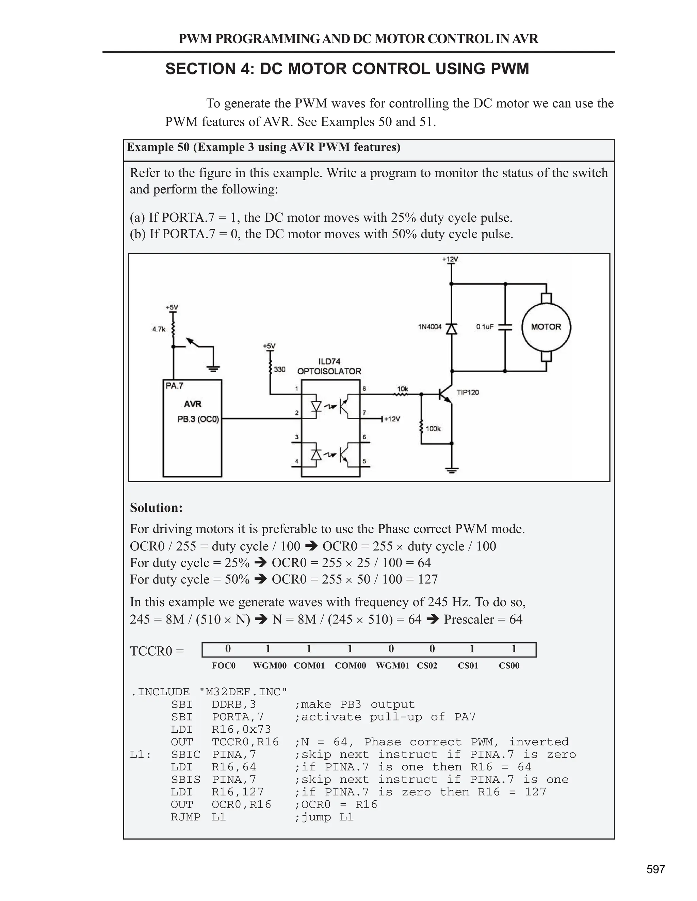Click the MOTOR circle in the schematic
546,327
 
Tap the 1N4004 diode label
430,327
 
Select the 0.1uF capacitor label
485,327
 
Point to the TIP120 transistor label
468,392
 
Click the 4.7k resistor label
159,329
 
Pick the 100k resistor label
433,429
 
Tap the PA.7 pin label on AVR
174,386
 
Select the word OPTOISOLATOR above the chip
329,371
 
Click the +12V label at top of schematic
450,259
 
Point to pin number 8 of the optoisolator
364,389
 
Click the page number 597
656,870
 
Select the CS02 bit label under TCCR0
427,665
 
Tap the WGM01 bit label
392,665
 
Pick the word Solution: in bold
156,507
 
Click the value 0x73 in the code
256,729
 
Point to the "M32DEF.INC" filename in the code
243,692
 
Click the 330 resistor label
279,369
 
